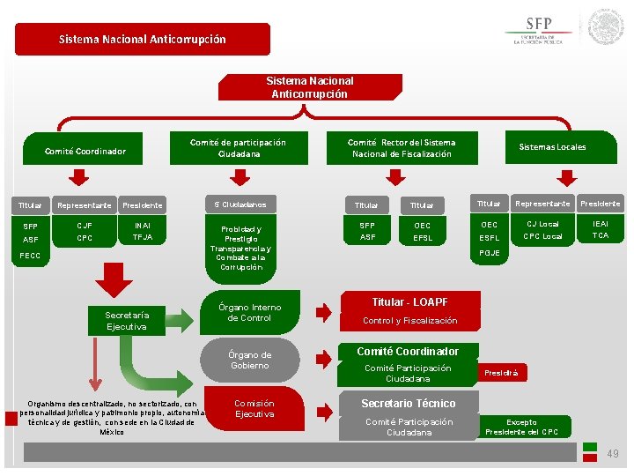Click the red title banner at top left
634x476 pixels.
pyautogui.click(x=143, y=39)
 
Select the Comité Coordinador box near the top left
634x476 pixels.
pyautogui.click(x=85, y=151)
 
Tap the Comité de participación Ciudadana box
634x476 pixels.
pyautogui.click(x=238, y=148)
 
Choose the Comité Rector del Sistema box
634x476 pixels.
pyautogui.click(x=402, y=148)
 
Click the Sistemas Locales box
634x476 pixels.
pyautogui.click(x=552, y=146)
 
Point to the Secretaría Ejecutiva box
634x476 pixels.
pyautogui.click(x=127, y=321)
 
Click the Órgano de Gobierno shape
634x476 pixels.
pyautogui.click(x=250, y=360)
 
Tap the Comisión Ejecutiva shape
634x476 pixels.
pyautogui.click(x=254, y=409)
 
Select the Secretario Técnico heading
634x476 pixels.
pyautogui.click(x=409, y=404)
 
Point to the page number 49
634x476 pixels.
pyautogui.click(x=613, y=453)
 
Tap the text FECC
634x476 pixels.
pyautogui.click(x=31, y=256)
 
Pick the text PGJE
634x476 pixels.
pyautogui.click(x=489, y=253)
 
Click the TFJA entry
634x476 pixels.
pyautogui.click(x=143, y=238)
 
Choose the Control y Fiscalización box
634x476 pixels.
pyautogui.click(x=409, y=321)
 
